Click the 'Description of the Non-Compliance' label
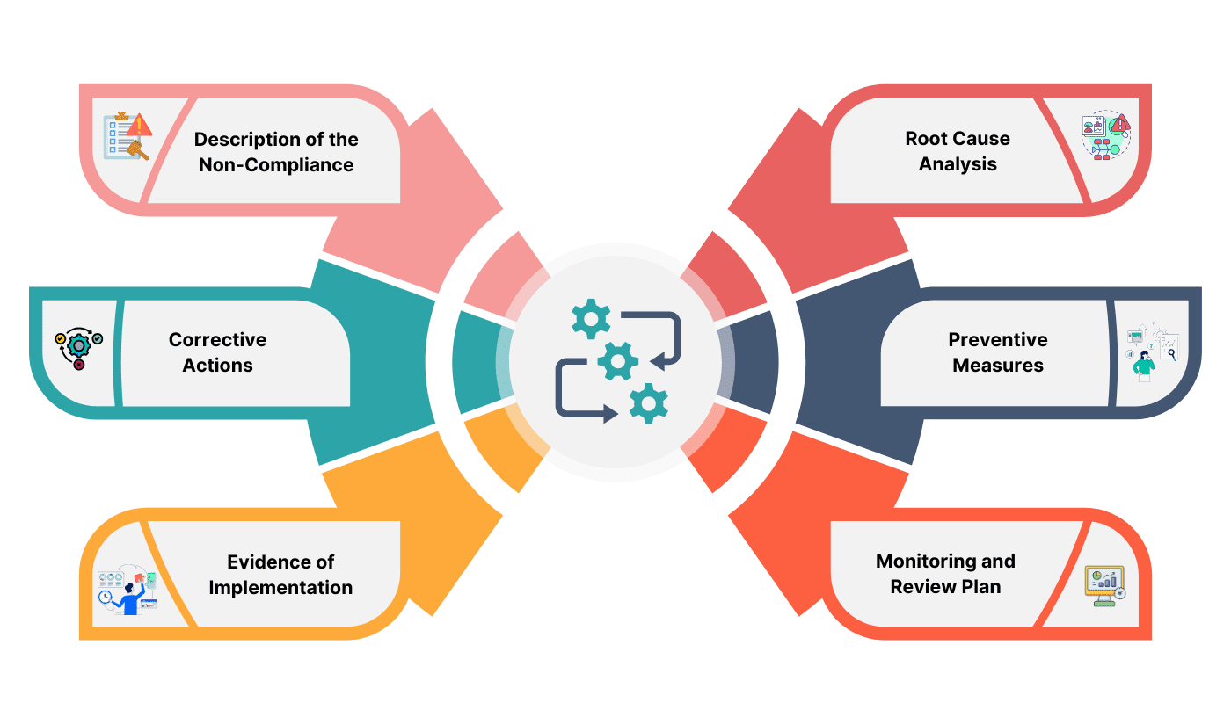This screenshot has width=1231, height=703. tap(276, 152)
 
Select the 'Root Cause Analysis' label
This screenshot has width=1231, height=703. tap(958, 151)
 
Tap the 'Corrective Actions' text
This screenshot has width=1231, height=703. tap(217, 352)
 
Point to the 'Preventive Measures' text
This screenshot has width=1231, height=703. tap(998, 352)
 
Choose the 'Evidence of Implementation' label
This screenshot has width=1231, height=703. tap(280, 575)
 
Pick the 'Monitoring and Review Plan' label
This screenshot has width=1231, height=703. tap(945, 574)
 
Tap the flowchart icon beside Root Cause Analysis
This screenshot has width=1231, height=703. tap(1105, 136)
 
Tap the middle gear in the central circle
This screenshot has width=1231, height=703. tap(617, 360)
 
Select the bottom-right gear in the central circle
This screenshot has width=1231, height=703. tap(649, 403)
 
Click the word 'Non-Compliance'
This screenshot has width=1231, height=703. tap(276, 165)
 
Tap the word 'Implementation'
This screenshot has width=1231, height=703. tap(280, 588)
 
